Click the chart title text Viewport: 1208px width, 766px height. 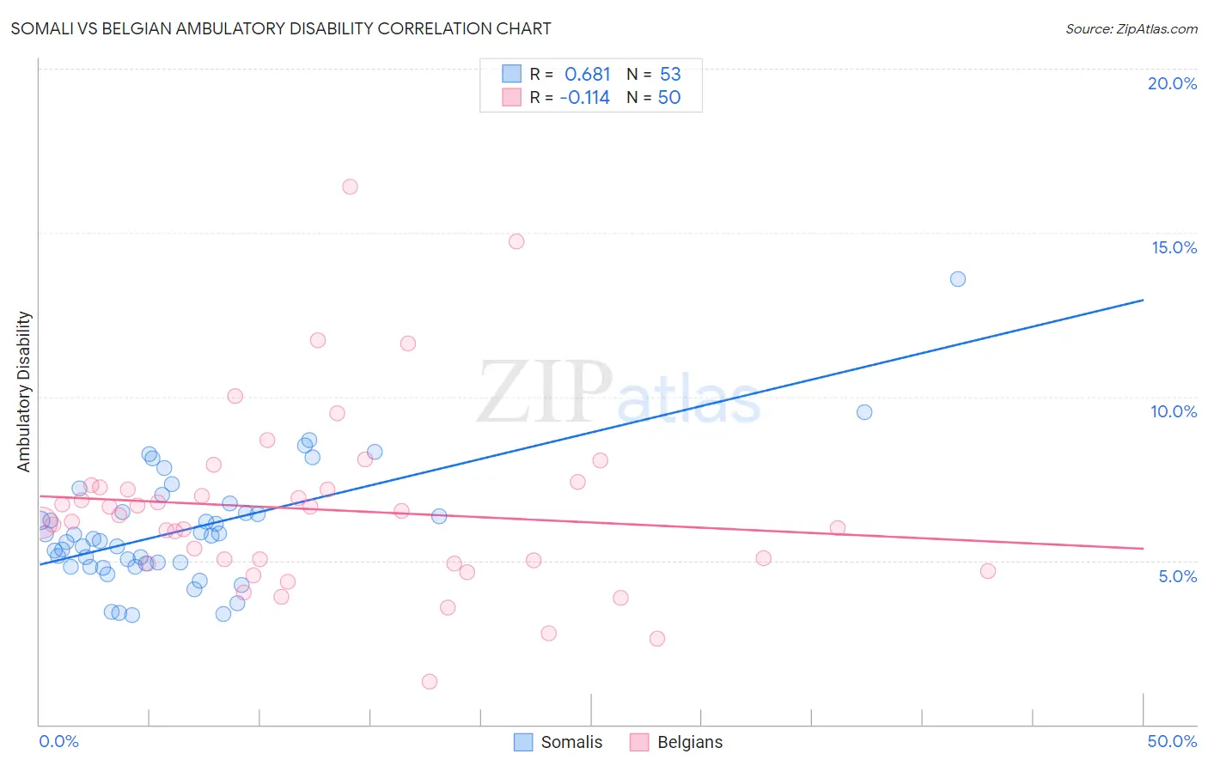pyautogui.click(x=281, y=28)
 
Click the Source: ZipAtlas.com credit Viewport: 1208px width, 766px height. pyautogui.click(x=1131, y=28)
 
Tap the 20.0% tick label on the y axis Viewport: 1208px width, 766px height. pyautogui.click(x=1172, y=83)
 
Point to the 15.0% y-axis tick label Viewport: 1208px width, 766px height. pyautogui.click(x=1174, y=247)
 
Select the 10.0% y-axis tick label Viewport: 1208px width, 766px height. pyautogui.click(x=1174, y=411)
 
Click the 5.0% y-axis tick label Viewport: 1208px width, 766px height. pyautogui.click(x=1177, y=576)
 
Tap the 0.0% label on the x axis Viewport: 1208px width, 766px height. pyautogui.click(x=58, y=741)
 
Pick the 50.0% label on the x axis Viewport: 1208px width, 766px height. pyautogui.click(x=1172, y=741)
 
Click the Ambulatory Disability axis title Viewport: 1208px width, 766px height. pyautogui.click(x=24, y=392)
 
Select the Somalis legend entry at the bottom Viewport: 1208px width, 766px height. pyautogui.click(x=558, y=742)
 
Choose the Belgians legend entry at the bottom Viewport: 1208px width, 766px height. pyautogui.click(x=676, y=742)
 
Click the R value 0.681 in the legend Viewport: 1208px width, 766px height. pyautogui.click(x=588, y=75)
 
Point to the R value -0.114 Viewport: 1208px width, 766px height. pyautogui.click(x=585, y=98)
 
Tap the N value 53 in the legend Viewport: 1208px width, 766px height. pyautogui.click(x=670, y=75)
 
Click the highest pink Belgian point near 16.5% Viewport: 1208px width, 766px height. pyautogui.click(x=350, y=186)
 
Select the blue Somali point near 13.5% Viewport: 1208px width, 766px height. pyautogui.click(x=958, y=279)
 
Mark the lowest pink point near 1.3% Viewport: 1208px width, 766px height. pyautogui.click(x=430, y=681)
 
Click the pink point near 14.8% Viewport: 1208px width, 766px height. pyautogui.click(x=516, y=241)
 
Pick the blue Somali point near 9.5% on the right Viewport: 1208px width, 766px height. pyautogui.click(x=864, y=412)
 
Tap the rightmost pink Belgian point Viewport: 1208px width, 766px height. pyautogui.click(x=988, y=571)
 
